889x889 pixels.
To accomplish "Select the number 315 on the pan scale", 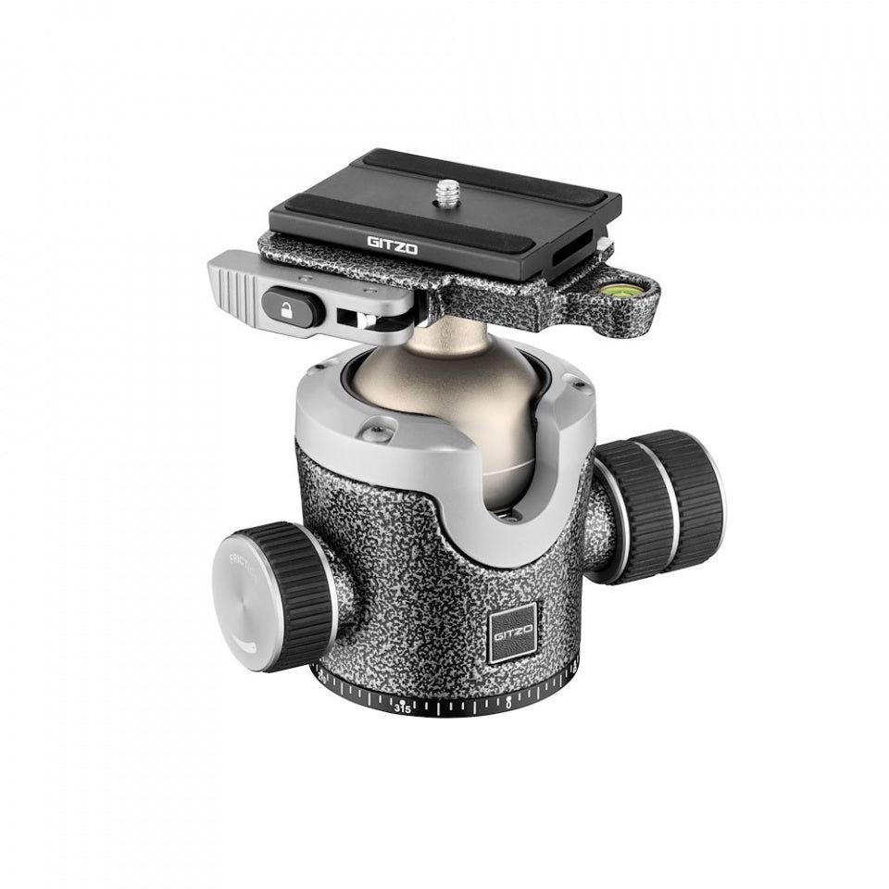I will point(403,707).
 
